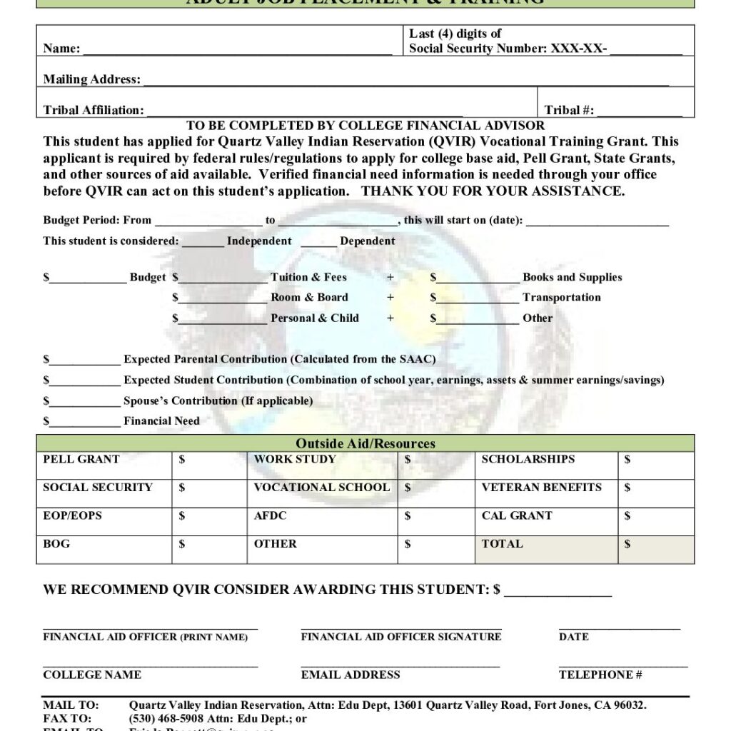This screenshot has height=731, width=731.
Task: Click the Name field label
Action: coord(61,49)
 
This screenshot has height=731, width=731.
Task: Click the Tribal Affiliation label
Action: coord(94,110)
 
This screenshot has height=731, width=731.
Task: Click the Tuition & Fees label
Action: coord(308,277)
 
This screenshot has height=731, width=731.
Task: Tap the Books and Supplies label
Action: coord(572,277)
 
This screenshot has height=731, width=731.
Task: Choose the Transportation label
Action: coord(561,297)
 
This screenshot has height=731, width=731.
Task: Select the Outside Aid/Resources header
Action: coord(365,443)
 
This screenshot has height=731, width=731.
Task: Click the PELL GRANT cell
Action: coord(81,459)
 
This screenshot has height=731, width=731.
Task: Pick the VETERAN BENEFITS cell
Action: coord(541,488)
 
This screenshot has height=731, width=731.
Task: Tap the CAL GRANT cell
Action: coord(517,515)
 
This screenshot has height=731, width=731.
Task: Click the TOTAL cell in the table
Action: coord(503,544)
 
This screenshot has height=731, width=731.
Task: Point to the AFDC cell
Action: coord(271,515)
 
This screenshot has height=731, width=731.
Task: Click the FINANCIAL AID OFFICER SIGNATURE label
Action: coord(401,636)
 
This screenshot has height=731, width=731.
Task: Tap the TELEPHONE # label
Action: coord(600,675)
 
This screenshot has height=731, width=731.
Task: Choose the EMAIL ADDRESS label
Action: coord(351,675)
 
